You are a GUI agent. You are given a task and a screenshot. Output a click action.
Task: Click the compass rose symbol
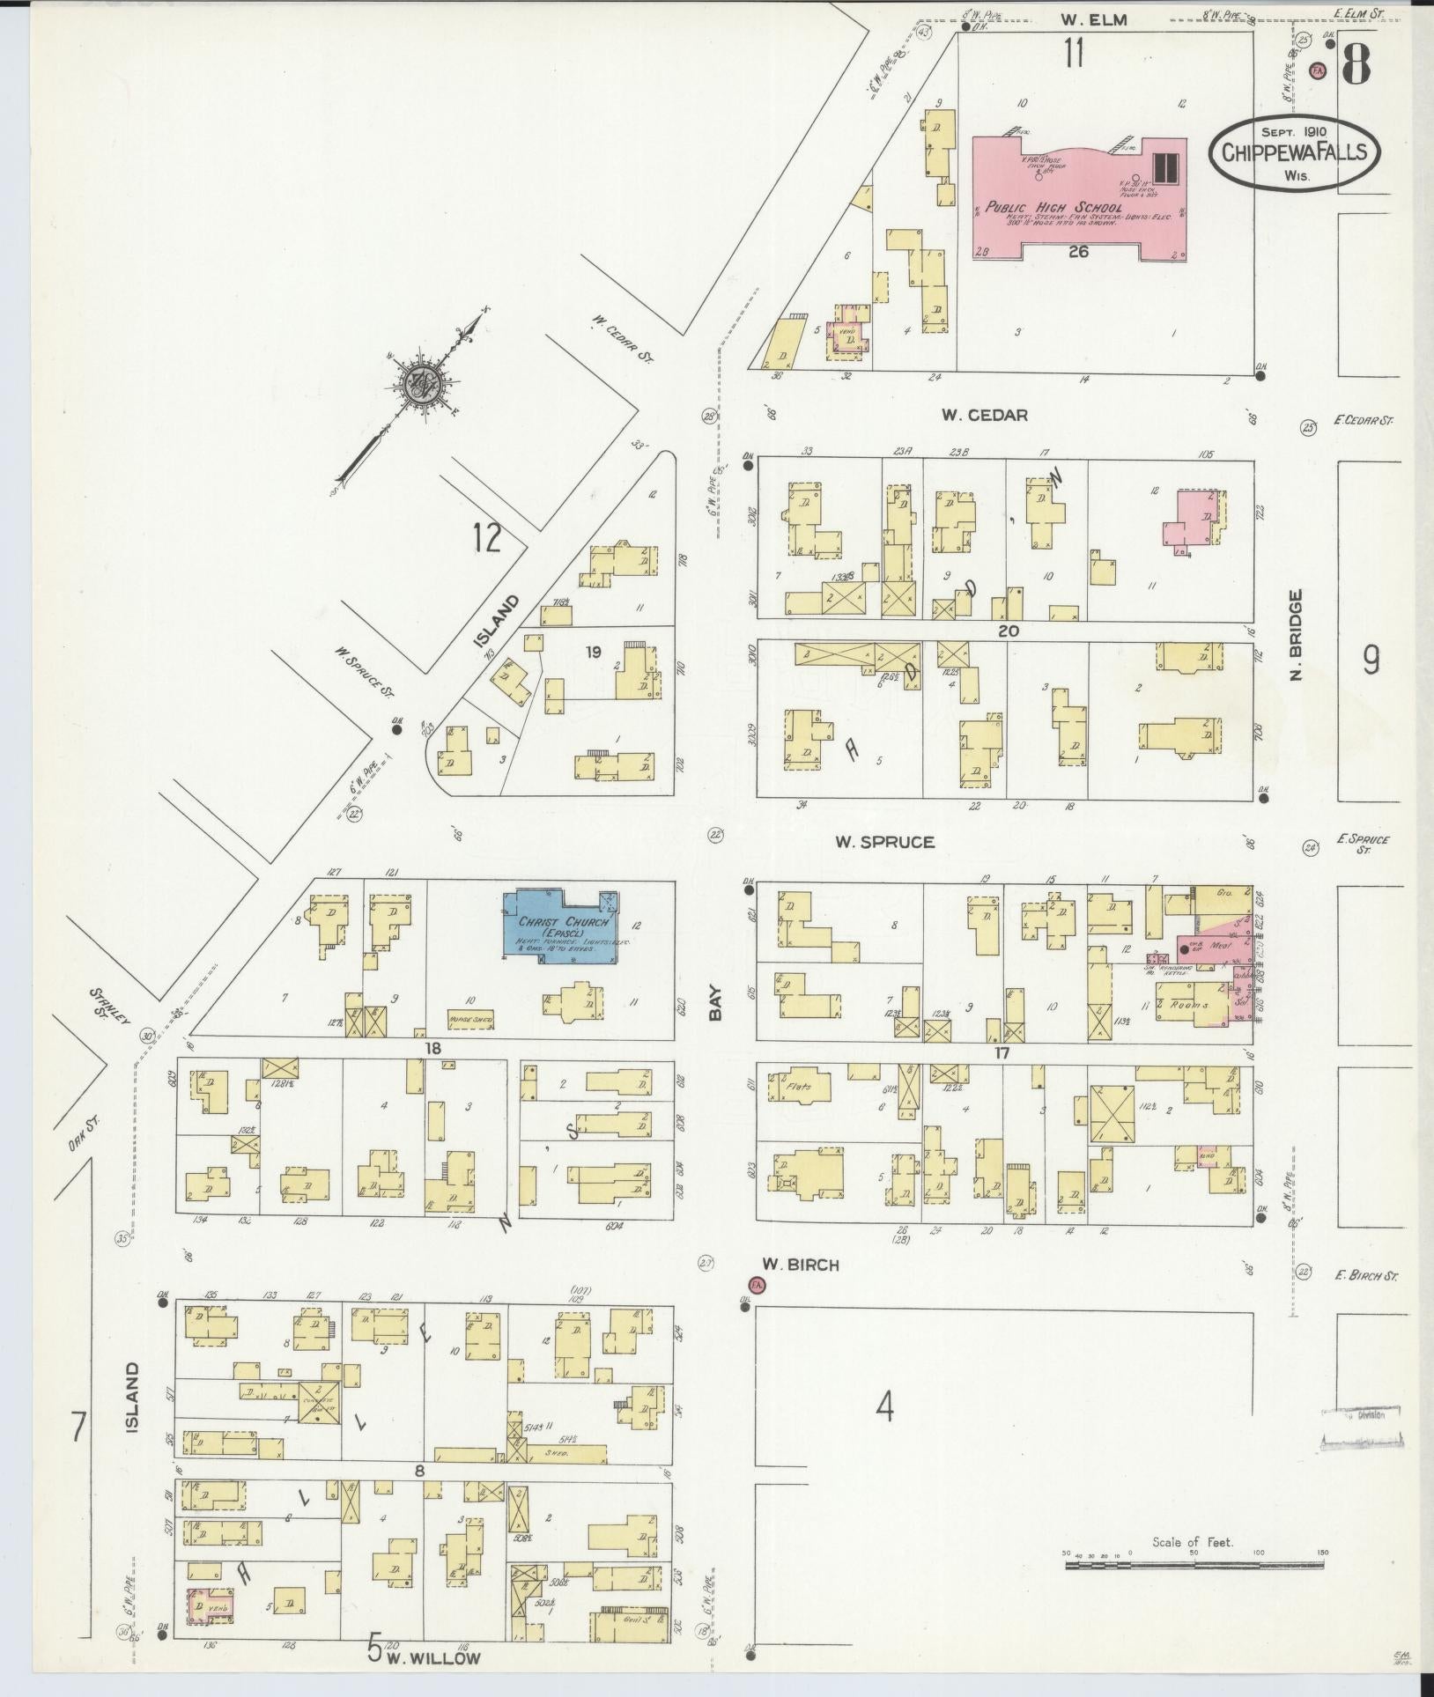[x=418, y=385]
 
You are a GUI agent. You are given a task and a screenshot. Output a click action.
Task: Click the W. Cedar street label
[x=984, y=414]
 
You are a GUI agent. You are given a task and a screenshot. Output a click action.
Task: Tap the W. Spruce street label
[x=884, y=842]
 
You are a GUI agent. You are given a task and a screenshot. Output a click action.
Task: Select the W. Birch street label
[x=800, y=1264]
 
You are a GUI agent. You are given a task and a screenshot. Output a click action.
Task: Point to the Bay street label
[x=714, y=1003]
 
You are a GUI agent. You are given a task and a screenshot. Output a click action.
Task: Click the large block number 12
[x=486, y=536]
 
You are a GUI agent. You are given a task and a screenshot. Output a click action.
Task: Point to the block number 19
[x=593, y=652]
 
